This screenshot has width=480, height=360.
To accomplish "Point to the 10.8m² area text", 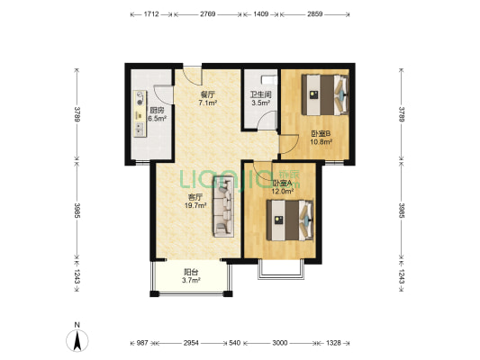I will [322, 141].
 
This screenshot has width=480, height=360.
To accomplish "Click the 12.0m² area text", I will [283, 192].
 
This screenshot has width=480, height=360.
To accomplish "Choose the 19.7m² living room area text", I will [194, 206].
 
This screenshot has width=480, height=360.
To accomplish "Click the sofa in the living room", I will [223, 206].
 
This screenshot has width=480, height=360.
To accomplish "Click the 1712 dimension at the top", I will [151, 15].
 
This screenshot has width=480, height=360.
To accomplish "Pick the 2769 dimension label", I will [207, 15].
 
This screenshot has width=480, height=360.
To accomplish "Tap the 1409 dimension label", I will [260, 15].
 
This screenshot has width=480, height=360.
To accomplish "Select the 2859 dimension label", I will [316, 15].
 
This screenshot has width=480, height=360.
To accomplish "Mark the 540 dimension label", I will [236, 344].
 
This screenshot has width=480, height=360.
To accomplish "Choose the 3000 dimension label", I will [281, 344].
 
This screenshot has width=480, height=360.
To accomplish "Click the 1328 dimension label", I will [335, 344].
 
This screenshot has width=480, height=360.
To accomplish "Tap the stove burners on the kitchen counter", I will [140, 103].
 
